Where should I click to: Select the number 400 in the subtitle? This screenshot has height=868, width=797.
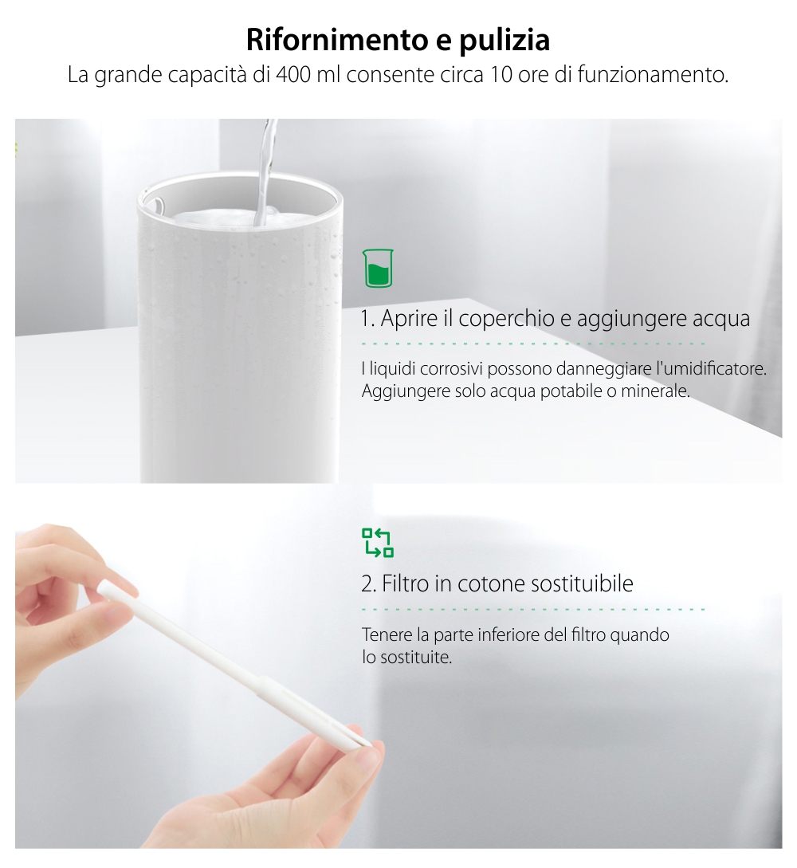coord(293,77)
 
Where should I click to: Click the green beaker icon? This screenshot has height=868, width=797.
coord(379,268)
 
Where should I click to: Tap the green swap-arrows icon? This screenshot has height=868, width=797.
coord(378,542)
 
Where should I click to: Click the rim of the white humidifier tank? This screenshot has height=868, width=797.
coord(239,187)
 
